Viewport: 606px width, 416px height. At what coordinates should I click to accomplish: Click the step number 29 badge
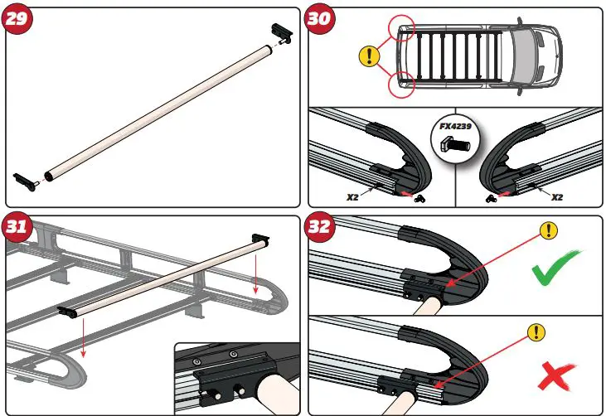(x=20, y=21)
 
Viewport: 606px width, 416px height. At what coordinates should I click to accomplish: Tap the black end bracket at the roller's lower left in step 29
(x=24, y=178)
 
